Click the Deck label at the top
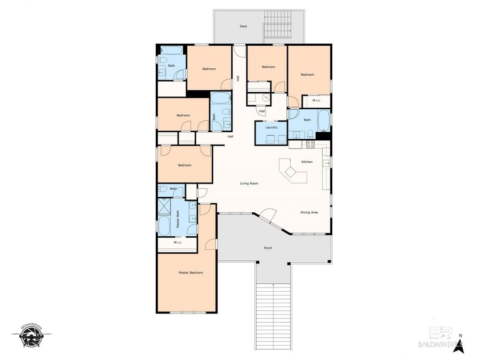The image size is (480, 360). (243, 26)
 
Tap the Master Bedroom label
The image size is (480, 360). (190, 273)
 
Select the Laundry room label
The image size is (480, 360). (271, 127)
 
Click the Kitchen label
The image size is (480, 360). (307, 162)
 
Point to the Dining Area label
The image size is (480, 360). (309, 212)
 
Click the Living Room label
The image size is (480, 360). (249, 183)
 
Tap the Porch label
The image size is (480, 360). (268, 248)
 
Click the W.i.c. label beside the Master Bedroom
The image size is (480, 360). (178, 243)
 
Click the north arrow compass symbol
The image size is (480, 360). (462, 347)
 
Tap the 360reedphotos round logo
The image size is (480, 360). (31, 337)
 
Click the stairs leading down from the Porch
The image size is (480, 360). (274, 315)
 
